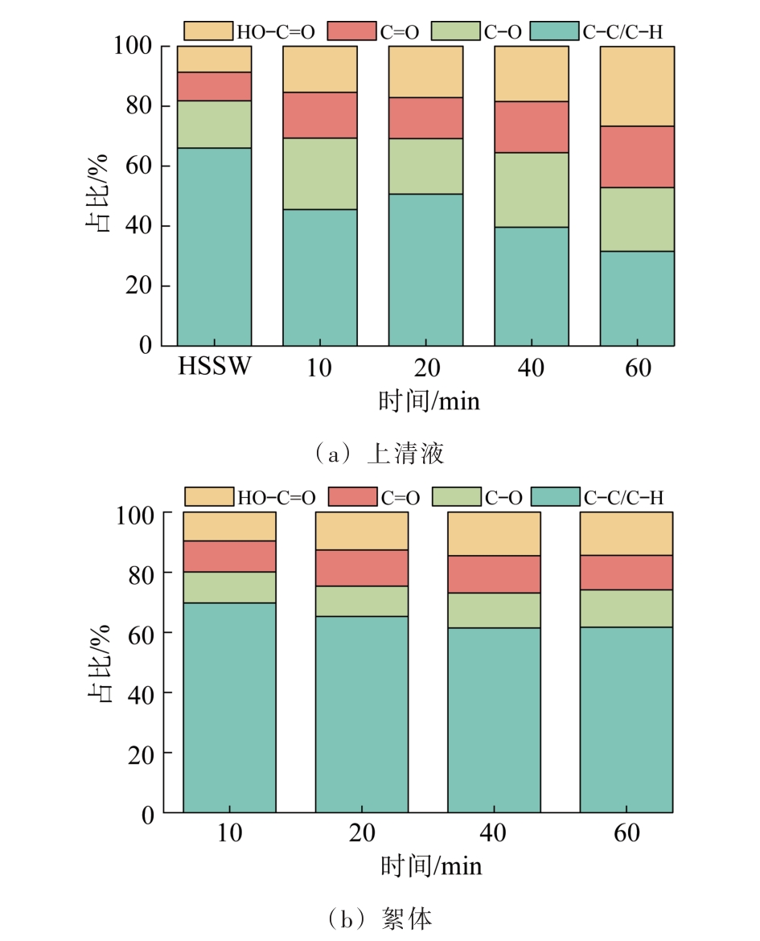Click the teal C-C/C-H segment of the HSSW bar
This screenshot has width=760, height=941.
214,246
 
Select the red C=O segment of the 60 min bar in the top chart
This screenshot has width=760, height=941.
636,157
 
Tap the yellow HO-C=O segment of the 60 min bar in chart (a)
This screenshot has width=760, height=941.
636,86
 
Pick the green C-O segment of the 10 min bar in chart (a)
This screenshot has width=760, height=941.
319,174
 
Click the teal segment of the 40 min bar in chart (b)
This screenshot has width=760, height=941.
494,720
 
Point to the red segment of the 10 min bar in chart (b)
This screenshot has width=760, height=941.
229,557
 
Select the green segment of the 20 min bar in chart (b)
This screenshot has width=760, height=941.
361,601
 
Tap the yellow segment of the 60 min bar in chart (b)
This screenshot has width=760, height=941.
626,533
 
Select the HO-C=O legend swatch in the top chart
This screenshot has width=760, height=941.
208,31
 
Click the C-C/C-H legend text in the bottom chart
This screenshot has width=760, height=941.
624,498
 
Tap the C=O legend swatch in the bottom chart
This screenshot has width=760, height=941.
352,497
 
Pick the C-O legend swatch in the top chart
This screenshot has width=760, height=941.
455,31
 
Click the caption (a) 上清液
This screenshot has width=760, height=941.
380,454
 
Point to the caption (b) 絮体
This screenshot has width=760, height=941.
380,918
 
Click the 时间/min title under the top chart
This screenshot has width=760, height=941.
429,401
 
